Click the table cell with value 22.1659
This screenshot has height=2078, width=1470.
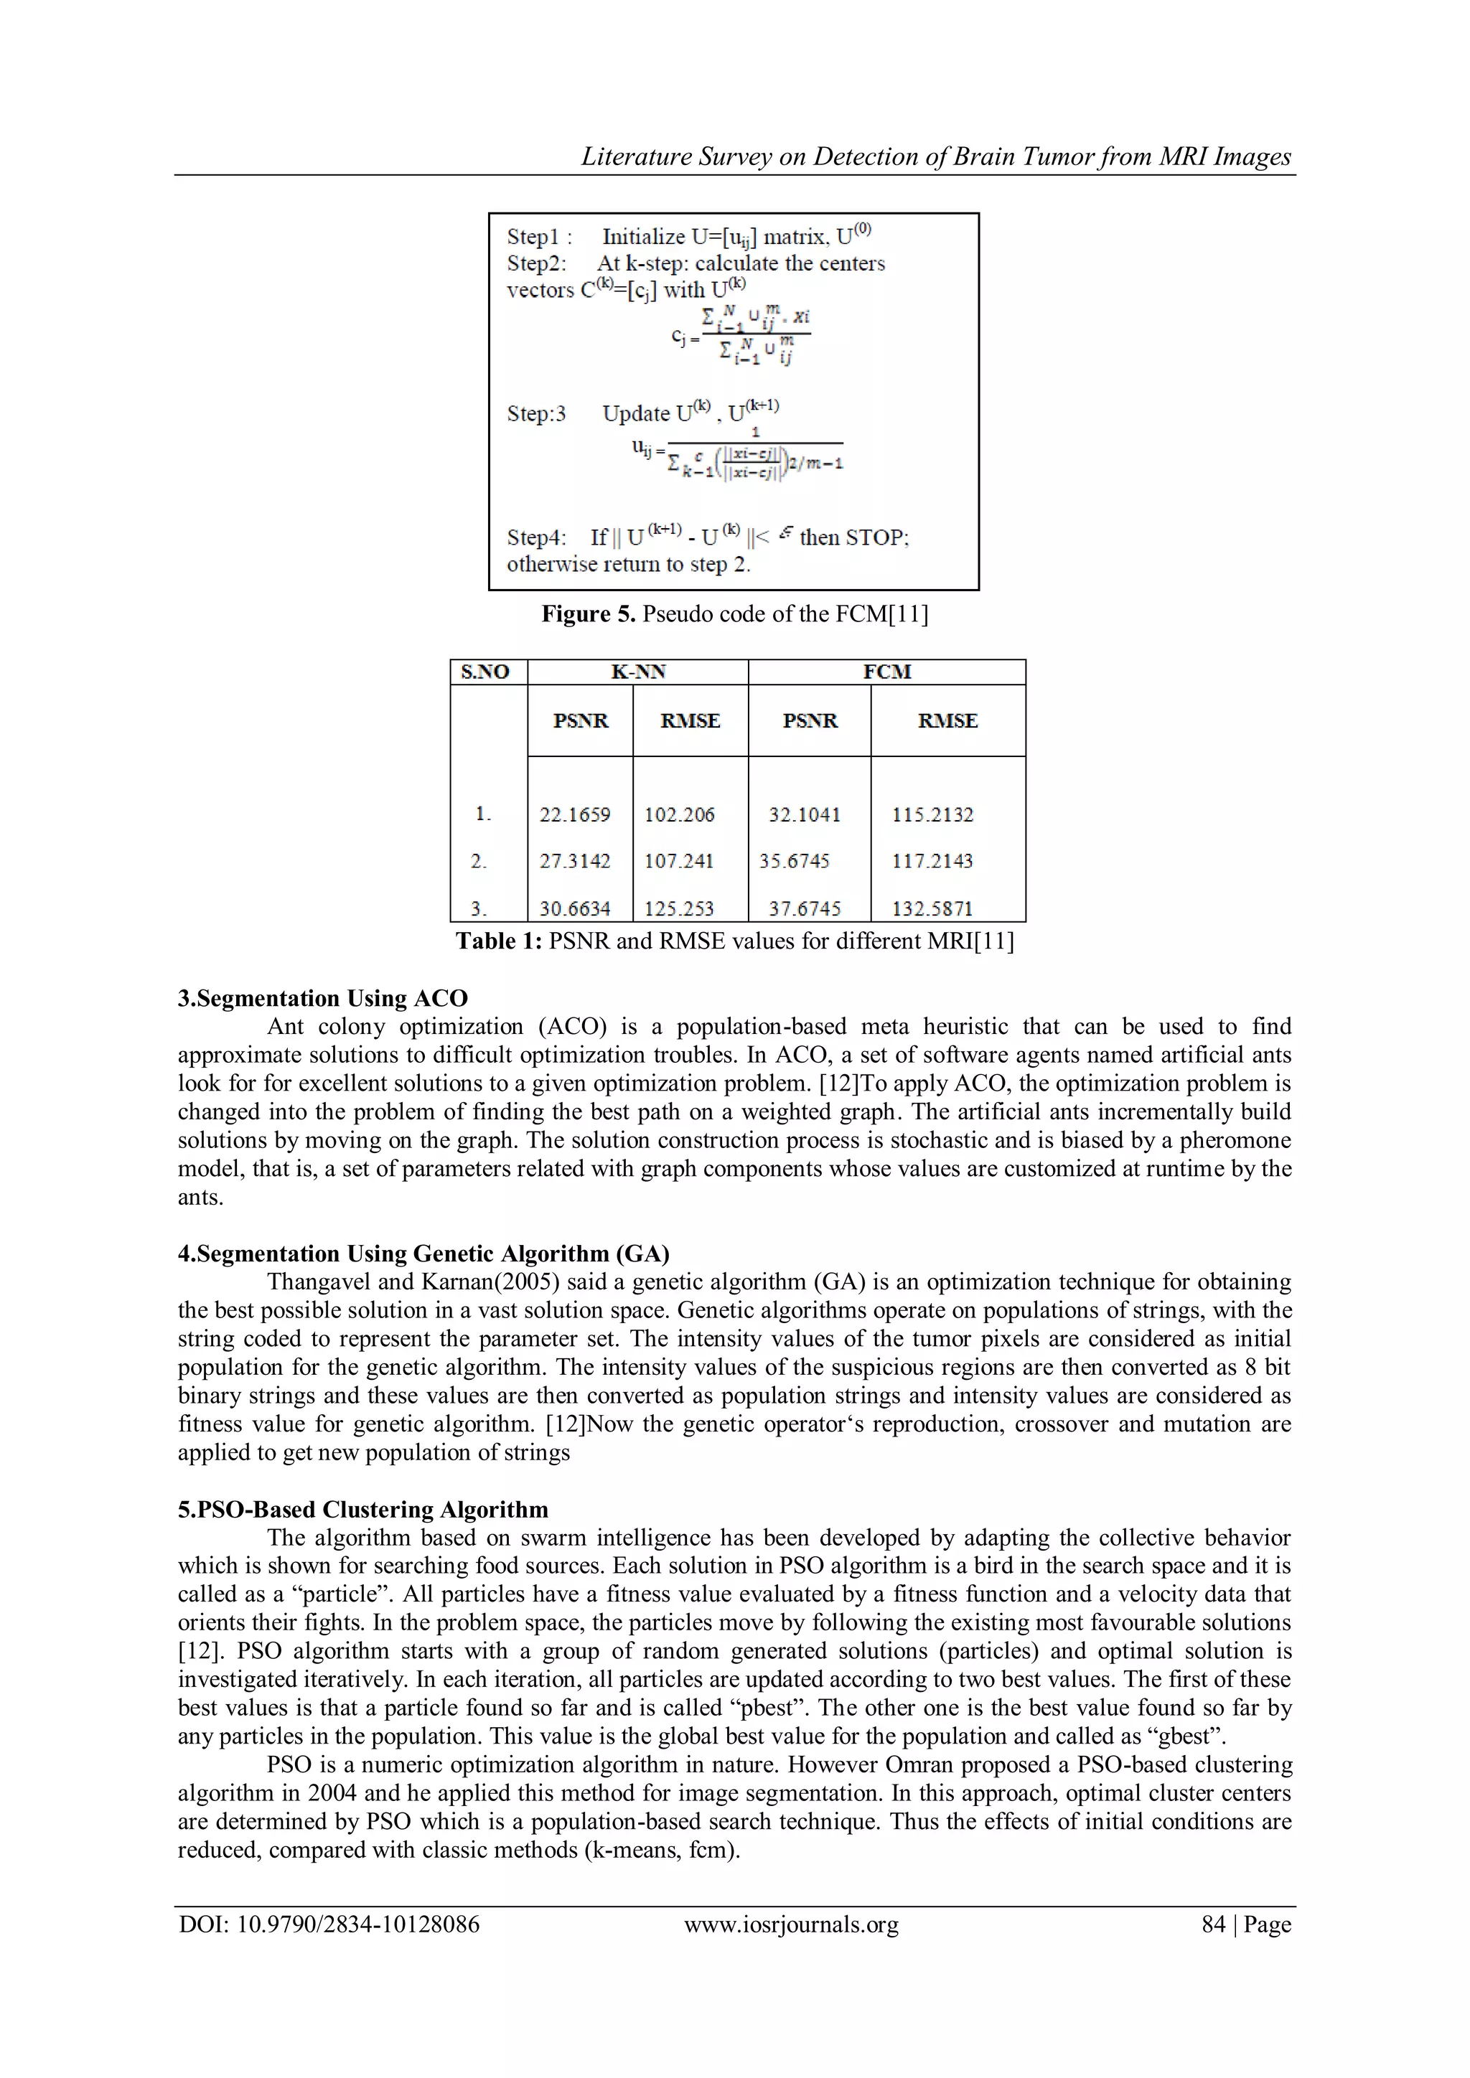575,814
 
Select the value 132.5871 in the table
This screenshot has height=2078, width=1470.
932,908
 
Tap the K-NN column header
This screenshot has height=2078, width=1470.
638,672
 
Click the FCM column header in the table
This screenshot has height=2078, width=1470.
886,672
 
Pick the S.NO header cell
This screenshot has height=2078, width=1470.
485,672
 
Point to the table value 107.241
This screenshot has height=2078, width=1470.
679,861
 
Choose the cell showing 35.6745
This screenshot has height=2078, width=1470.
794,861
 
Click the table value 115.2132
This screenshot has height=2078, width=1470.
932,814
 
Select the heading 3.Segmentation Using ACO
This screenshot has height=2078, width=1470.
322,998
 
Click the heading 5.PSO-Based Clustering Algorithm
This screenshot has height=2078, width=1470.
363,1510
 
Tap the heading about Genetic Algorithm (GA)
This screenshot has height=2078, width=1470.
423,1254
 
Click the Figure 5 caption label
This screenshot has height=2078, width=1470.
589,614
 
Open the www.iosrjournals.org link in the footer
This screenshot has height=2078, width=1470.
791,1924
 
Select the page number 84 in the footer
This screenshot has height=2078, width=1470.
1213,1924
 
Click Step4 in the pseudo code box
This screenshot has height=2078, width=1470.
536,537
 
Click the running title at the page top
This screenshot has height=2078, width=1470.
935,156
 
